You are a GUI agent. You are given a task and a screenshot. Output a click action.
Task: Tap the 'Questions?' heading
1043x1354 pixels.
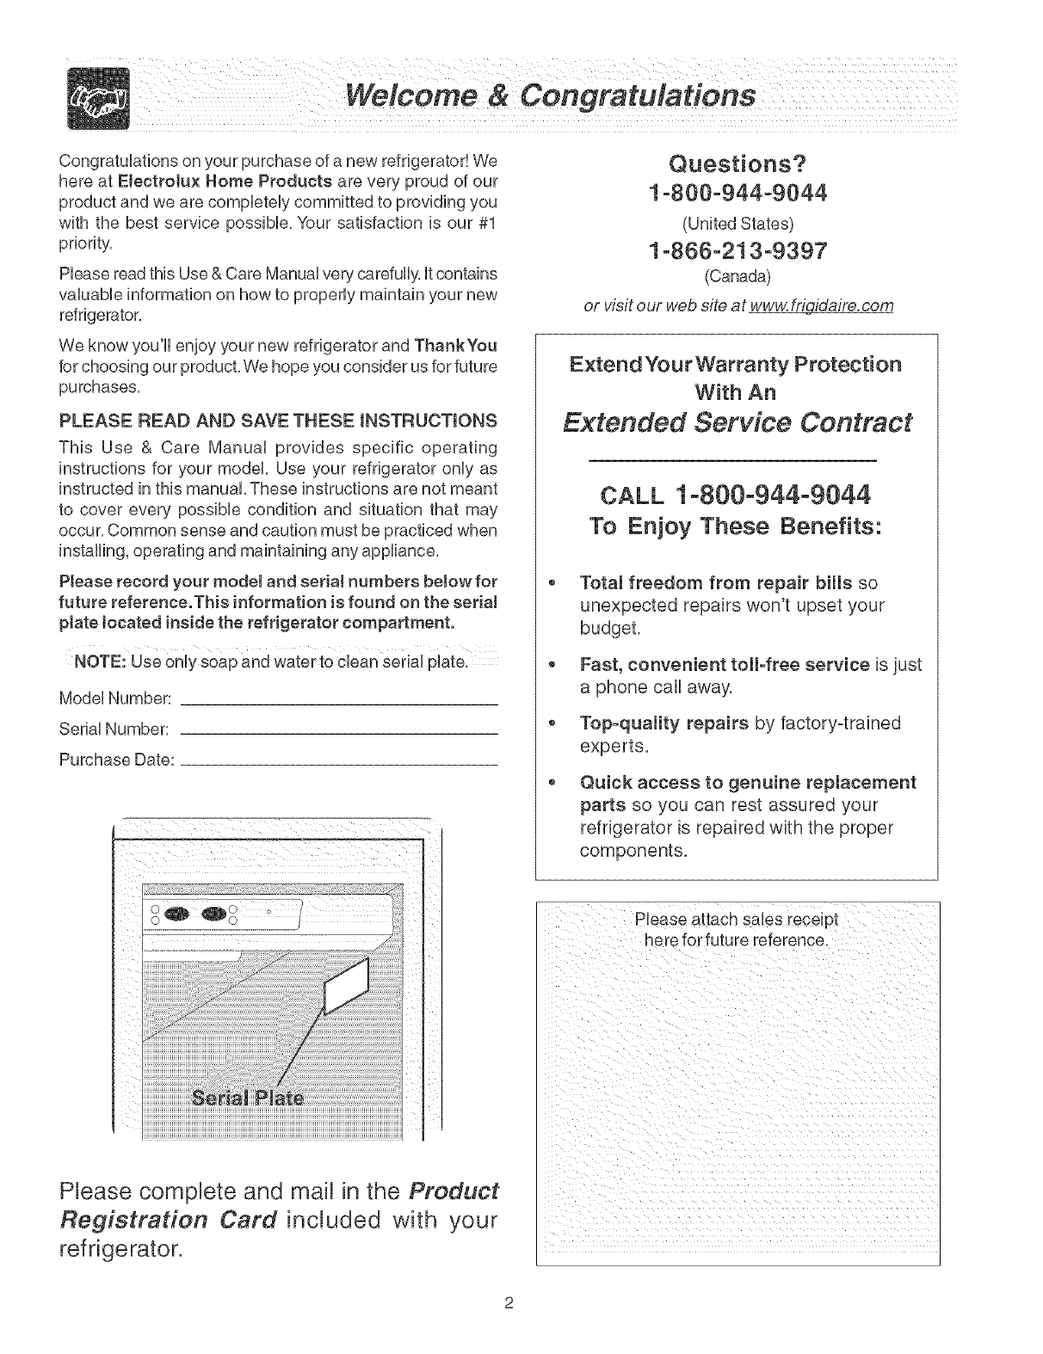(736, 163)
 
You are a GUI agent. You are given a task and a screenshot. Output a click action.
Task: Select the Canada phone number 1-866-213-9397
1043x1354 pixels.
(737, 251)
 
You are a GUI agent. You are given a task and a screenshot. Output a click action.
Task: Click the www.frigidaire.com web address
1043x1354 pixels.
(821, 306)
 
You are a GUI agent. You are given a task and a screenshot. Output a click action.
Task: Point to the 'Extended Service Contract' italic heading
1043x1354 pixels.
(736, 422)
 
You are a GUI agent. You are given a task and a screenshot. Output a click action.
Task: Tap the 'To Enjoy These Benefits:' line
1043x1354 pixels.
(736, 526)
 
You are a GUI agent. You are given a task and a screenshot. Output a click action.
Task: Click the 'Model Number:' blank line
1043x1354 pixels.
(341, 705)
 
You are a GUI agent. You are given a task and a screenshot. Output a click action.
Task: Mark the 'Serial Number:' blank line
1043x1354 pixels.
(341, 733)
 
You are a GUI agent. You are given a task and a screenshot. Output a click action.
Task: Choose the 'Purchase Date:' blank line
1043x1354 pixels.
(341, 764)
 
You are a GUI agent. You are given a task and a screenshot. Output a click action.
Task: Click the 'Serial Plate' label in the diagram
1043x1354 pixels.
(247, 1099)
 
